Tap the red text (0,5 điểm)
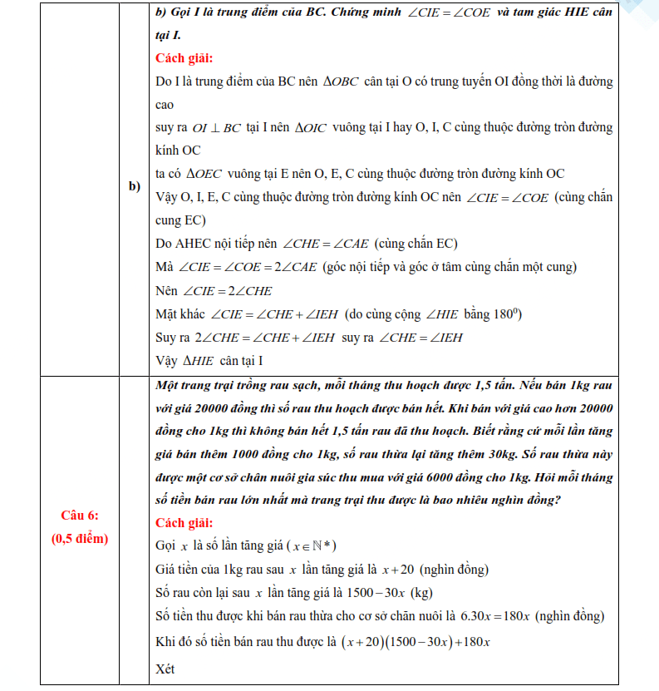[x=80, y=539]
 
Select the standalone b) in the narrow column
[x=134, y=185]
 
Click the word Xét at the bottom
[x=165, y=669]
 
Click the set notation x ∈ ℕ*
[x=311, y=546]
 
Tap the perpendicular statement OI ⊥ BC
[x=216, y=129]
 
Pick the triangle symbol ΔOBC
[x=342, y=82]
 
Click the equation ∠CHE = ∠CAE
[x=326, y=244]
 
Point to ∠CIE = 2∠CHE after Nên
[x=227, y=292]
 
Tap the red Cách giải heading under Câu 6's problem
[x=184, y=523]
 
